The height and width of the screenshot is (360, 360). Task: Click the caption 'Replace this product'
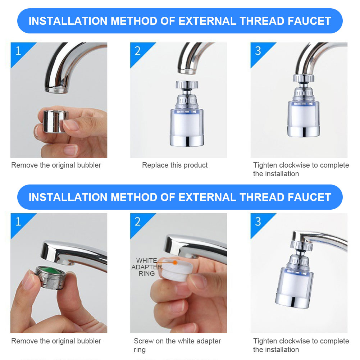pyautogui.click(x=175, y=165)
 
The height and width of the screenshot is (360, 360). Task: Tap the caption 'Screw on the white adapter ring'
pyautogui.click(x=177, y=345)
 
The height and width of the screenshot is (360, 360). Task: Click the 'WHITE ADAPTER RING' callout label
pyautogui.click(x=147, y=267)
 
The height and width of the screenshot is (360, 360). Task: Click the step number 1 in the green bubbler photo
pyautogui.click(x=18, y=221)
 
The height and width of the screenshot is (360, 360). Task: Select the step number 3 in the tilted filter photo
pyautogui.click(x=258, y=221)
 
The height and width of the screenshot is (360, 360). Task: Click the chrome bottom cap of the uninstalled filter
pyautogui.click(x=186, y=140)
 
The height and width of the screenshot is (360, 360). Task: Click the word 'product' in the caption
pyautogui.click(x=195, y=165)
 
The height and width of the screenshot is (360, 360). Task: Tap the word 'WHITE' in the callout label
pyautogui.click(x=146, y=261)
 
